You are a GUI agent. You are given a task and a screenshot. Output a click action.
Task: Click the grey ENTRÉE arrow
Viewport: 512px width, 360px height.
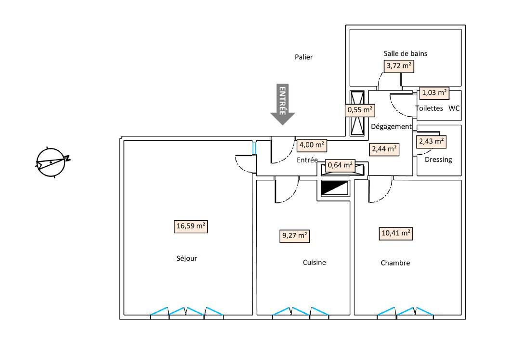coord(282,104)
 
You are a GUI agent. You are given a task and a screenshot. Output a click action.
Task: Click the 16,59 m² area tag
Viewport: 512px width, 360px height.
coord(191,227)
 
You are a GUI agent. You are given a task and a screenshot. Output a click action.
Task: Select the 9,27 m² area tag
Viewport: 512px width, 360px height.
coord(294,236)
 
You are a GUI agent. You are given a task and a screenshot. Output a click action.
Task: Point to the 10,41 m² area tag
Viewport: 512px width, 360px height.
coord(396,234)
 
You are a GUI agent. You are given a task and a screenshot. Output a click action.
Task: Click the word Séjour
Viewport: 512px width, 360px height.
coord(187,258)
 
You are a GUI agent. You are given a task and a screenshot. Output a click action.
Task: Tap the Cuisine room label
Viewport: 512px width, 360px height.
coord(315,263)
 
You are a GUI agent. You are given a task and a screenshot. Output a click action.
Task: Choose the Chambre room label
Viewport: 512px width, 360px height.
coord(395,263)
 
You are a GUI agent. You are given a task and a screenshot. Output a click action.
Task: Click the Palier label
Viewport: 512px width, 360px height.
coord(304,57)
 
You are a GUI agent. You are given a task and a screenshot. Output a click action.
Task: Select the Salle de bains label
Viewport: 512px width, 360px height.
coord(405,53)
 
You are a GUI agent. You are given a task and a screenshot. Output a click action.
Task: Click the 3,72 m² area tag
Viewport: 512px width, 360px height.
coord(399,66)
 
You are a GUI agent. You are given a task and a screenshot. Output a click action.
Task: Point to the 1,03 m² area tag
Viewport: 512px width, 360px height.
coord(434,93)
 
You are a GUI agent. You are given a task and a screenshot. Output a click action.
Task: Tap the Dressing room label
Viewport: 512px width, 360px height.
coord(439,160)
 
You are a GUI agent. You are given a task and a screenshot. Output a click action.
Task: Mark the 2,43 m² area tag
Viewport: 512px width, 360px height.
coord(431,141)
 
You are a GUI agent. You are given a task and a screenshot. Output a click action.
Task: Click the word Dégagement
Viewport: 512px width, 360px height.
coord(391,127)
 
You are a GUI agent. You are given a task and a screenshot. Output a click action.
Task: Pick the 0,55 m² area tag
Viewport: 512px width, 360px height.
coord(360,110)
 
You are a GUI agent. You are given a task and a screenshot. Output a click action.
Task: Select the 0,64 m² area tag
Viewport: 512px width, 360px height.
coord(340,166)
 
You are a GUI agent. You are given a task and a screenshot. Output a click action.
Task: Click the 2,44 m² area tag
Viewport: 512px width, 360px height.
coord(384,149)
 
